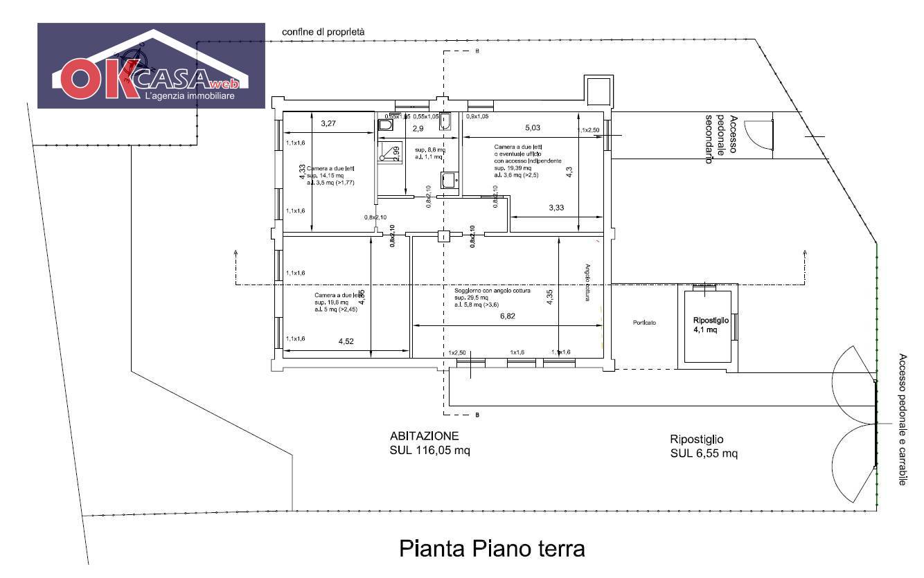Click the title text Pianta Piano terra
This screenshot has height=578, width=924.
point(492,549)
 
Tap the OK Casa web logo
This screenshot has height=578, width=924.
point(151,66)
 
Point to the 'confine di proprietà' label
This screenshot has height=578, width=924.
point(323,33)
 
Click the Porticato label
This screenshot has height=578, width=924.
point(644,323)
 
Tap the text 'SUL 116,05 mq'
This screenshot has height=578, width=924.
point(429,451)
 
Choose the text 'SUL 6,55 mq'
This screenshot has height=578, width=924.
point(704,454)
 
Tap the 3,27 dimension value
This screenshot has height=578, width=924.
point(328,124)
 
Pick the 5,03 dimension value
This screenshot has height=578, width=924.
point(532,127)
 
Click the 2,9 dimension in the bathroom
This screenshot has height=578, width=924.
point(418,129)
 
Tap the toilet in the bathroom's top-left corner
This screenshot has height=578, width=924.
point(386,125)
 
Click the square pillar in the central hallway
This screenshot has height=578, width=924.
point(443,236)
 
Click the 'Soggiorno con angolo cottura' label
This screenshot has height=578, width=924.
point(492,291)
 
